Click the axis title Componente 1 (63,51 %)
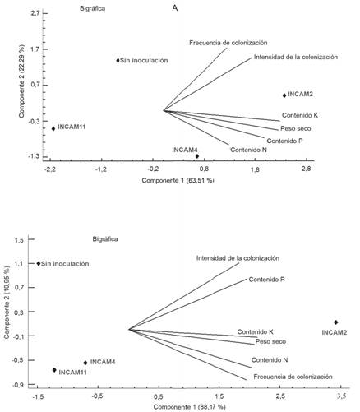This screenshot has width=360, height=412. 178,180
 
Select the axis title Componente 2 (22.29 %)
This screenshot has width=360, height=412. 10,85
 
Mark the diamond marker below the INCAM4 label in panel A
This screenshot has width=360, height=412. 196,156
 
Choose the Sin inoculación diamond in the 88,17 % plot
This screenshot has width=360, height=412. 38,264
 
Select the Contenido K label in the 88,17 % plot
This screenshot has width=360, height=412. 255,331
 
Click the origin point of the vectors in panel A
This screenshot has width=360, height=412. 164,110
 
